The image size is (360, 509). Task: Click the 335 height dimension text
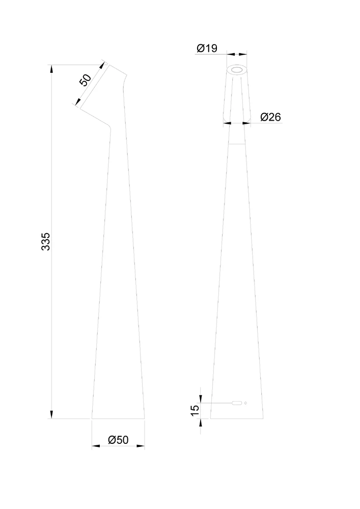pos(46,241)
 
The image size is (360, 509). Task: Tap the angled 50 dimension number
pos(86,80)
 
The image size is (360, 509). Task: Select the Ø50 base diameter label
pos(118,440)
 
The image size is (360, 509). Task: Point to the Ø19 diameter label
pos(207,48)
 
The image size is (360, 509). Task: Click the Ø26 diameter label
pos(270,117)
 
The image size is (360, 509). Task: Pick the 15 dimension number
pos(195,411)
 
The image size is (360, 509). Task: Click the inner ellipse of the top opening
pos(237,70)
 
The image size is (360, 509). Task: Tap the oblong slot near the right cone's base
pos(237,403)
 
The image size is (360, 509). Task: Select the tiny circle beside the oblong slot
pos(246,403)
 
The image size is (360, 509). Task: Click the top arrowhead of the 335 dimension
pos(51,69)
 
